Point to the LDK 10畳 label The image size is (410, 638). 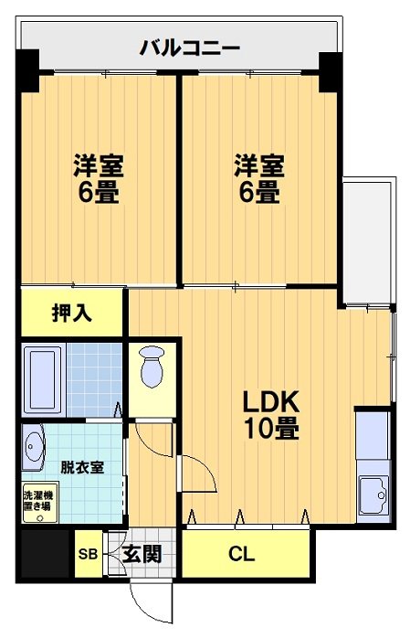click(270, 413)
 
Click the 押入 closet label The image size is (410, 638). click(71, 313)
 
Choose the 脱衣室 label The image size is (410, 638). click(81, 467)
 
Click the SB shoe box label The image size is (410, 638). click(88, 555)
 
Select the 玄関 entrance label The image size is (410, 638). click(142, 555)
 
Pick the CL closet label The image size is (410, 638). click(242, 554)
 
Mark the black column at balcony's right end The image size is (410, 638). click(329, 69)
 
